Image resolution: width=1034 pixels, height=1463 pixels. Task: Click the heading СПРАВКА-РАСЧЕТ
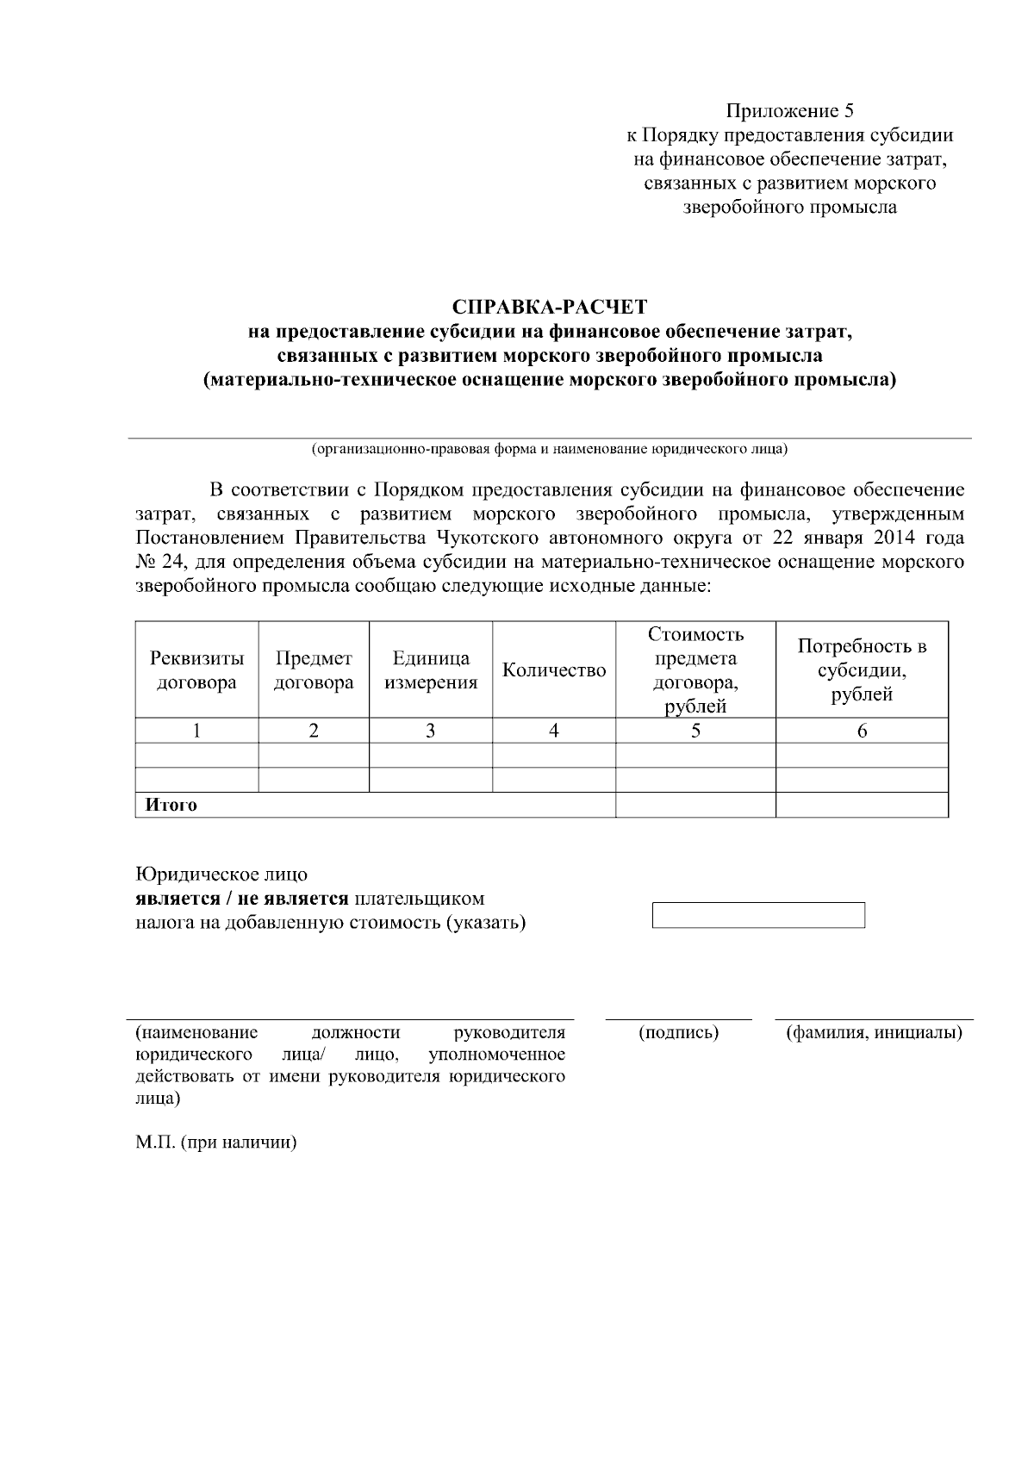coord(549,308)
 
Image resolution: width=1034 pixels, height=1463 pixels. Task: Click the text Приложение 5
coord(789,111)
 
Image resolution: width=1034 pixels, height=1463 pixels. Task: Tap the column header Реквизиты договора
coord(196,670)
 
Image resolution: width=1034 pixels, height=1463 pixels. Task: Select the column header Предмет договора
coord(314,670)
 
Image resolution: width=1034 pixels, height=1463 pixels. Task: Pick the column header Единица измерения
coord(430,670)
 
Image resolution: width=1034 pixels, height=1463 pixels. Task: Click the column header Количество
coord(553,670)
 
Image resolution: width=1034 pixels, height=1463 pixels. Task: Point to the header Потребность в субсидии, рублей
coord(861,670)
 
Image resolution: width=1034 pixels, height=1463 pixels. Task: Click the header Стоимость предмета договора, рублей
coord(695,670)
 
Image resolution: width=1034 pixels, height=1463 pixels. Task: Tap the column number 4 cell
coord(553,731)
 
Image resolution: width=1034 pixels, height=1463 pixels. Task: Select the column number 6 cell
coord(861,731)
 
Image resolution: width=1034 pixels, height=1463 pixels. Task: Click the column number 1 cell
coord(196,731)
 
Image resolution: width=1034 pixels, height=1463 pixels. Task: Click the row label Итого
coord(171,806)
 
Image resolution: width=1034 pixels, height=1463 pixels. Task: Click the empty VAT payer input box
coord(758,915)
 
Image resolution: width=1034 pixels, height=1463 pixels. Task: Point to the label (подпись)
coord(678,1032)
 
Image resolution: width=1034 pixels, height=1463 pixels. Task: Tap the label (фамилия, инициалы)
coord(874,1032)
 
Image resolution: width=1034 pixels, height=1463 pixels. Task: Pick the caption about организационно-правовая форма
coord(549,449)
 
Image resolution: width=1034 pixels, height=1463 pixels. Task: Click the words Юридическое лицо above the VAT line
coord(221,875)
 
